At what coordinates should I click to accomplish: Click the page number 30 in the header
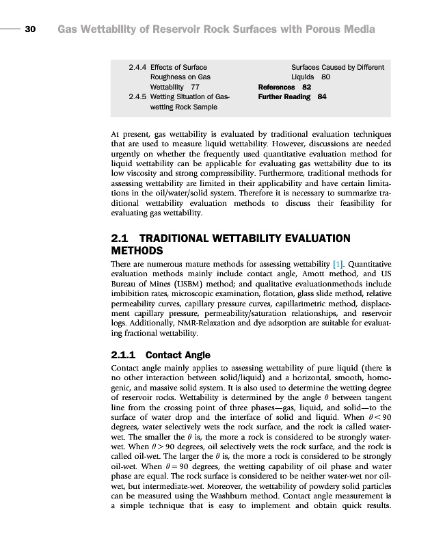30,29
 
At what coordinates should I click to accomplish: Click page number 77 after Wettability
196,88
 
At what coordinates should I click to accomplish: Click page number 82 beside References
307,88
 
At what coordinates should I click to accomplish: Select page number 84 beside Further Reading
322,97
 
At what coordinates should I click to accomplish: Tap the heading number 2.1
121,239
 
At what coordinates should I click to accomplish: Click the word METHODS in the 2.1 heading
137,251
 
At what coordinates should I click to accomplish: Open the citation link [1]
337,263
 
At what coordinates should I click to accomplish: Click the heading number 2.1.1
124,355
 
